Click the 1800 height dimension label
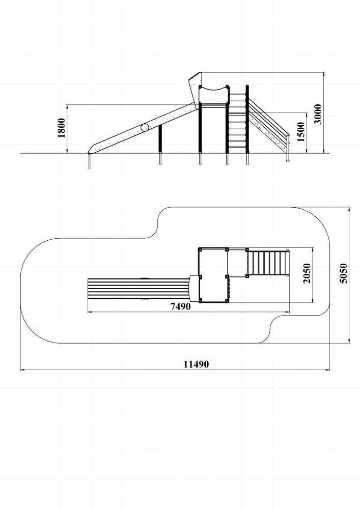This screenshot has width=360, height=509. [61, 128]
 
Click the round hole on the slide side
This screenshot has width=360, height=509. [145, 127]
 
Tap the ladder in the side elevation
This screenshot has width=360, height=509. [236, 125]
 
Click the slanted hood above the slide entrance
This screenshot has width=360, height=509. [195, 84]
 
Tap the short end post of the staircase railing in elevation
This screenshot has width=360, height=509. [288, 148]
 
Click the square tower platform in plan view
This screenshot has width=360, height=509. [213, 275]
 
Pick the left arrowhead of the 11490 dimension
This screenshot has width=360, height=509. [22, 370]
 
